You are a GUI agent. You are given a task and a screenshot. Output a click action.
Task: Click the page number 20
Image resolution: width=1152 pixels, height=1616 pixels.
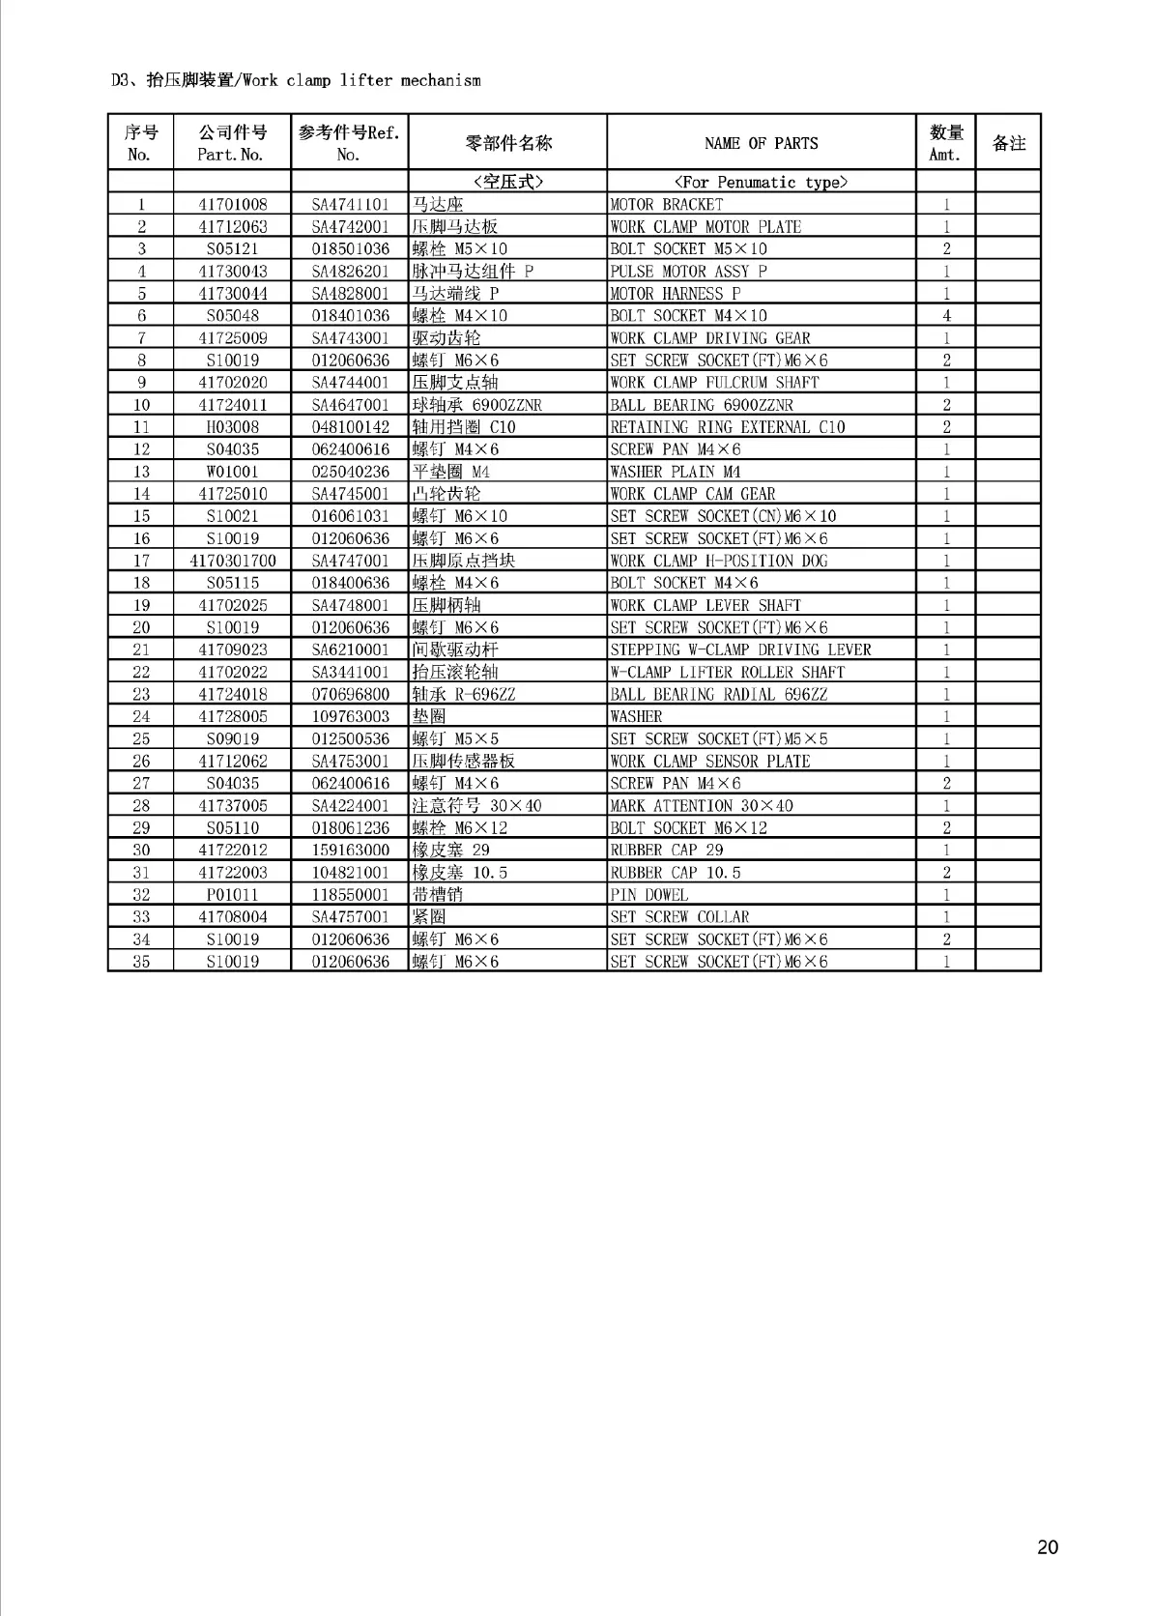point(1048,1547)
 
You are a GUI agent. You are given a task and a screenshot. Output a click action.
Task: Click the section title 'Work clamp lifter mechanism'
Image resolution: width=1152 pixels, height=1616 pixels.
point(360,80)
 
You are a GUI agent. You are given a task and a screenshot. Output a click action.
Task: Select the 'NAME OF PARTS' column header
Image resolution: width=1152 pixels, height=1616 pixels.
point(761,143)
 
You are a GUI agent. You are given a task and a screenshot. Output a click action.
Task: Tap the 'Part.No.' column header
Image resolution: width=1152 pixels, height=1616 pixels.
point(231,155)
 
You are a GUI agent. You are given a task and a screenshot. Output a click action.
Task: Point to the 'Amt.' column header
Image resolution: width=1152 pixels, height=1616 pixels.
point(945,155)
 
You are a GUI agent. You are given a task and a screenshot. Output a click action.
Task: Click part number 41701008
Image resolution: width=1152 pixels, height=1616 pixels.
point(232,204)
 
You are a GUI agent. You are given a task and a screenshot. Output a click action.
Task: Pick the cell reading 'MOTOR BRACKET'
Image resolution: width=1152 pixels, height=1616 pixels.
point(667,204)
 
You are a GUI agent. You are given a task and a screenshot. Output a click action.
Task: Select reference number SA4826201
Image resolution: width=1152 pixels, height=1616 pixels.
point(350,272)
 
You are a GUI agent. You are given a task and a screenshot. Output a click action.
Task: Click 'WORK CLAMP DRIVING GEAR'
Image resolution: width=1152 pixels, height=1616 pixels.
point(710,338)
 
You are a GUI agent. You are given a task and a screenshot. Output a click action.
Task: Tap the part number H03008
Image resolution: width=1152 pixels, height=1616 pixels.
point(232,427)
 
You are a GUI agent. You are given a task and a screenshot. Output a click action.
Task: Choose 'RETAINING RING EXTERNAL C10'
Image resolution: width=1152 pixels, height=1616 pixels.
point(728,427)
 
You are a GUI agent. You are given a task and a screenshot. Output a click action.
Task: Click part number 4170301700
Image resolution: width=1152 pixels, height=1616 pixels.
point(232,561)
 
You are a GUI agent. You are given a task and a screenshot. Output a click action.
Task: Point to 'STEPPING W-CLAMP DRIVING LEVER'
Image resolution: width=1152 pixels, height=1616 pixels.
point(740,649)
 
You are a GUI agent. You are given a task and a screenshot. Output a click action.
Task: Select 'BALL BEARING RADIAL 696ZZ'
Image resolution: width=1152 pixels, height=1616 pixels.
point(719,694)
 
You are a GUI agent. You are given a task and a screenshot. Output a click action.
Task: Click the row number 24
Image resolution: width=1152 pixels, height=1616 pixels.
point(141,716)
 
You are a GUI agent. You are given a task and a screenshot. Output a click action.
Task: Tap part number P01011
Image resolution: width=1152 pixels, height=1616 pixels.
point(232,895)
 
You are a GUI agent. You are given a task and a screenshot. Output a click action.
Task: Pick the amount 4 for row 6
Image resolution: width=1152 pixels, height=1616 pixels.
point(946,316)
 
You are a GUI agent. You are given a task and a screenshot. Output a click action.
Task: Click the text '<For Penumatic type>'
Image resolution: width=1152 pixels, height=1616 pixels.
point(761,182)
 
